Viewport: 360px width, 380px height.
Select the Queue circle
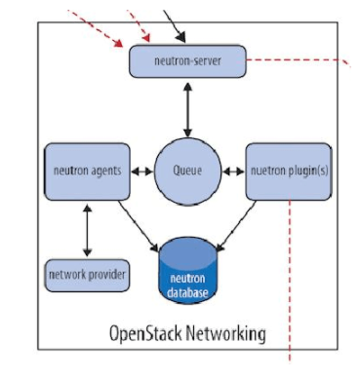186,171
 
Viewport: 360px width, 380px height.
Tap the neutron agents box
87,171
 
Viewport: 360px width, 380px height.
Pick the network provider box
87,275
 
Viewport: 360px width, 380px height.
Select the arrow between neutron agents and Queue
142,171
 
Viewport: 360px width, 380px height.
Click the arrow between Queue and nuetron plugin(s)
231,171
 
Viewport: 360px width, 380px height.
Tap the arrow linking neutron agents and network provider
88,230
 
